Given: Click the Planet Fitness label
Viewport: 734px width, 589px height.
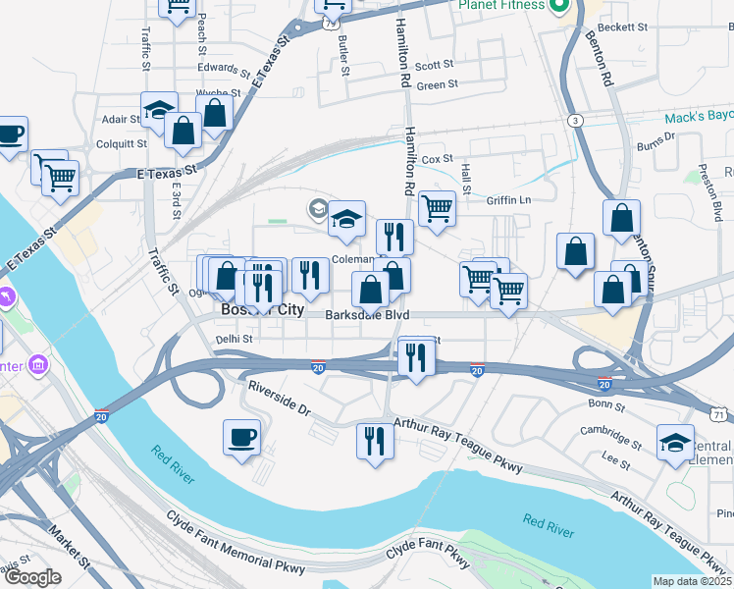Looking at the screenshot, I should (500, 5).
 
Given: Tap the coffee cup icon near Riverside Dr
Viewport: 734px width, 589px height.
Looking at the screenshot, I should (241, 438).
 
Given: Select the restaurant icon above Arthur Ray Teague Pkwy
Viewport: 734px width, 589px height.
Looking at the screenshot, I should (375, 441).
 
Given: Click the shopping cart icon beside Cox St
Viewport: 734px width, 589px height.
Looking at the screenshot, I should (437, 208).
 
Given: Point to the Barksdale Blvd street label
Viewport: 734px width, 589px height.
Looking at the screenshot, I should (367, 316).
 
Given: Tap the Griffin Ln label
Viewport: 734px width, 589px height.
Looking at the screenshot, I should (508, 200).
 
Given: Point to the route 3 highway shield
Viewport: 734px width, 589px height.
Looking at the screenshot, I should (575, 120).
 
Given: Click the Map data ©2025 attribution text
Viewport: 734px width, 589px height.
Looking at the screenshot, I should (693, 581).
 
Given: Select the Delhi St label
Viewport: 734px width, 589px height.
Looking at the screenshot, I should (235, 340).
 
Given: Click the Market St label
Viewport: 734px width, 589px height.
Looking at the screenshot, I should (70, 551).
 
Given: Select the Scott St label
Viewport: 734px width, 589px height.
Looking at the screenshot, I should (434, 66).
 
